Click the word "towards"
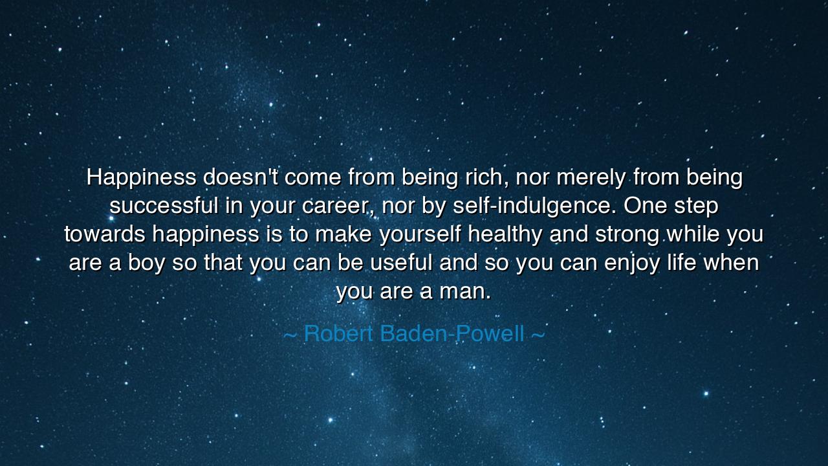tap(105, 234)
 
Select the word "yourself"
tap(420, 234)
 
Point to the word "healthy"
tap(505, 234)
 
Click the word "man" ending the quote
tap(461, 291)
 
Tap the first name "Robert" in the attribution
tap(338, 334)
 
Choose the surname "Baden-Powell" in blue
tap(452, 334)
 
